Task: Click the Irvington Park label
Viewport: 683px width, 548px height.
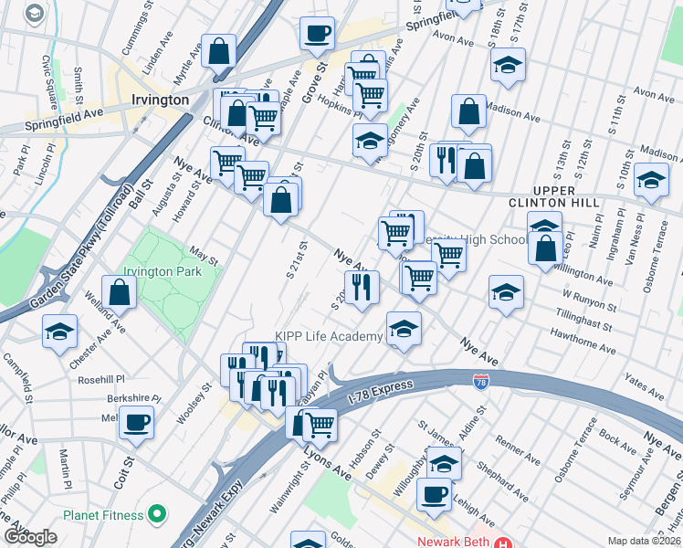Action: point(163,272)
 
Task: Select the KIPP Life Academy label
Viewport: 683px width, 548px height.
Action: point(330,337)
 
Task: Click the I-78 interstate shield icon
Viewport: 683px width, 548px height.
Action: point(480,379)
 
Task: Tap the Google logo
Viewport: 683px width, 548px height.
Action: point(29,537)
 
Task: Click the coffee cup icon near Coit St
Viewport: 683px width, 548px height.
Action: point(136,422)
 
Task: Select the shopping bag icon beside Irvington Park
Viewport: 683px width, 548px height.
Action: point(120,292)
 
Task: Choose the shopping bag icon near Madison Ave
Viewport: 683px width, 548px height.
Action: point(468,111)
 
